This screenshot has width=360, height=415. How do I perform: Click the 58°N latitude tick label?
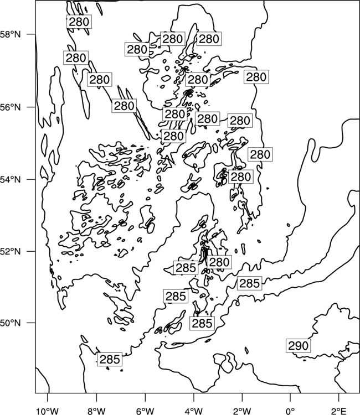tap(11, 34)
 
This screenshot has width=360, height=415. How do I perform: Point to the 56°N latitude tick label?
tap(11, 107)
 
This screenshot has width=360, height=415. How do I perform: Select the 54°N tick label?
tap(11, 180)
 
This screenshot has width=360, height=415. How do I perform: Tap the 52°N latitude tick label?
tap(11, 251)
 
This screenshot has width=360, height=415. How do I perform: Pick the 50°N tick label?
tap(11, 323)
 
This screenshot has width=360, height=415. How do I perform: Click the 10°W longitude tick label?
tap(48, 411)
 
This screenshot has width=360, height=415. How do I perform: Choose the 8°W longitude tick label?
tap(96, 411)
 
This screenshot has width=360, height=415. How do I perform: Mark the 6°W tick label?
tap(145, 411)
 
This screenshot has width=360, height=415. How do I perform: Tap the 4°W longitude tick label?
tap(193, 411)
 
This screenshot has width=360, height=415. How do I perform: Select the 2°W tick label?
tap(242, 411)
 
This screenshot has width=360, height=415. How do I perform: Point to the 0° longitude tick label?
tap(290, 411)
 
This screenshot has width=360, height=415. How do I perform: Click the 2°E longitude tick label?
tap(339, 411)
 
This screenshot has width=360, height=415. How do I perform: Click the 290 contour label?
tap(299, 346)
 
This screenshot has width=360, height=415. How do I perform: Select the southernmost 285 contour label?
tap(110, 359)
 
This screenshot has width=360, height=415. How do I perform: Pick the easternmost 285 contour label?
tap(249, 283)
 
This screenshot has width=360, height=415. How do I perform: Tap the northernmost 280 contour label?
tap(79, 22)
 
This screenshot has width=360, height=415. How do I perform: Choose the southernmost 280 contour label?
tap(219, 262)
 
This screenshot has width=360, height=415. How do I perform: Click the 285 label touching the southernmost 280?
tap(186, 268)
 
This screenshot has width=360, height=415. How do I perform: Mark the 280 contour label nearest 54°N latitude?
tap(240, 177)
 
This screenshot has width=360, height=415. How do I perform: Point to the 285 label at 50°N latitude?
tap(202, 323)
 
